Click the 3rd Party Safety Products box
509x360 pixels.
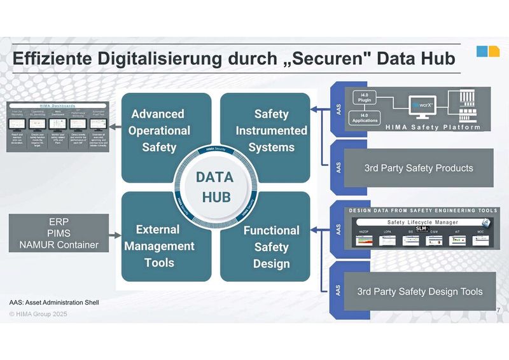418,169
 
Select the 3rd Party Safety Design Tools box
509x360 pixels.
419,291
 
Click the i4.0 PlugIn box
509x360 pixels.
368,100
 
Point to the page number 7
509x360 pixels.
496,308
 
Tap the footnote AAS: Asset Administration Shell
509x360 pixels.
54,301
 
